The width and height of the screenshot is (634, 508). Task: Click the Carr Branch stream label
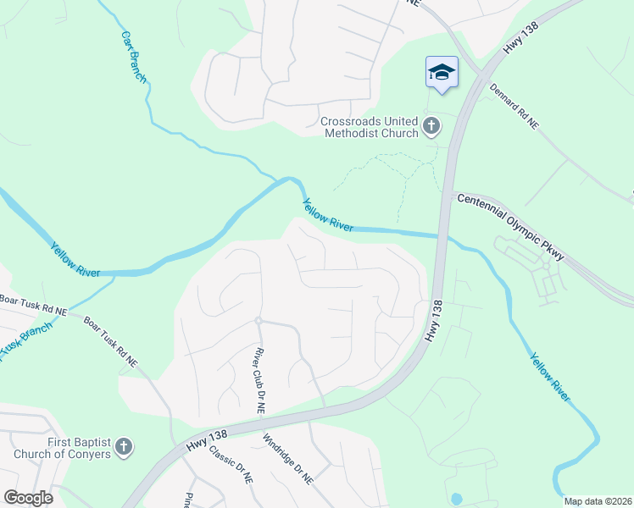pyautogui.click(x=134, y=58)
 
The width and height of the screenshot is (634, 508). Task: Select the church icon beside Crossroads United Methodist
pyautogui.click(x=431, y=127)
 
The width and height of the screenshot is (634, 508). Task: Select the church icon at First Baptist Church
pyautogui.click(x=124, y=446)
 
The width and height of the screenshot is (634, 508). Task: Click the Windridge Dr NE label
pyautogui.click(x=287, y=459)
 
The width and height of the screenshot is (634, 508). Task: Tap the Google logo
pyautogui.click(x=28, y=498)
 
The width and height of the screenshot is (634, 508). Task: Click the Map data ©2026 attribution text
pyautogui.click(x=598, y=501)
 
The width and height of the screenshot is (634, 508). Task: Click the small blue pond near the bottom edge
pyautogui.click(x=458, y=498)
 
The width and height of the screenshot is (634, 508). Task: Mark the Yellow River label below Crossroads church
pyautogui.click(x=328, y=215)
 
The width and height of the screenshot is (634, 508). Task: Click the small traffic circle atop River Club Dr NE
pyautogui.click(x=257, y=320)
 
